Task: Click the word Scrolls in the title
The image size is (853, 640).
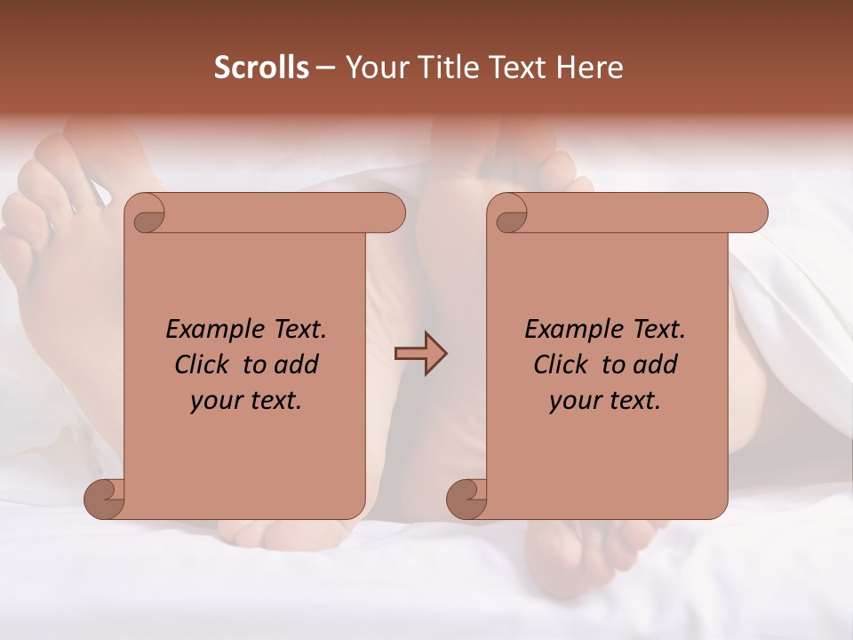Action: coord(261,68)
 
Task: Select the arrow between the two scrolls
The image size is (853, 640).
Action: coord(420,354)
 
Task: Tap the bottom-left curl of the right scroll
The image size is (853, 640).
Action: coord(467,500)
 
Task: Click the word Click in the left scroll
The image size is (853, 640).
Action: coord(203,364)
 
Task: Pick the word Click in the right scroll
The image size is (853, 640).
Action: coord(562,364)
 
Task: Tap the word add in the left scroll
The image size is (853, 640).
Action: coord(297,364)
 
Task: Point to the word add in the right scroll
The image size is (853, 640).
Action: coord(656,364)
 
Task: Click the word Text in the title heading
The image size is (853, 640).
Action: coord(514,68)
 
